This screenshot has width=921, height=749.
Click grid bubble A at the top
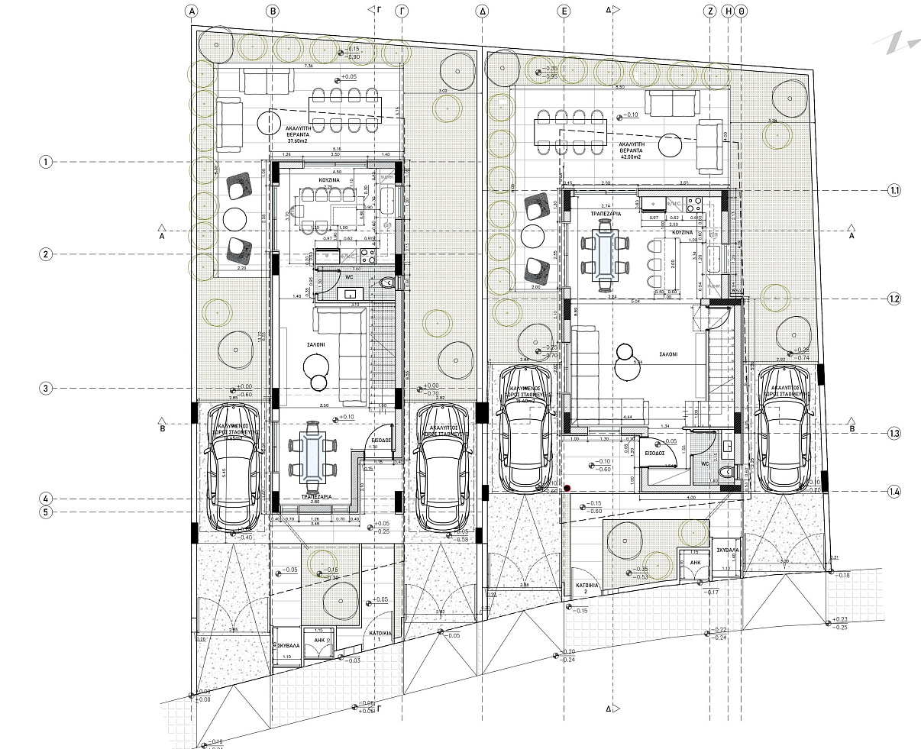192,11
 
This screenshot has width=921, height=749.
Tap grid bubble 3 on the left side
47,388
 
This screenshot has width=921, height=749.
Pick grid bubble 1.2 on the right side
894,299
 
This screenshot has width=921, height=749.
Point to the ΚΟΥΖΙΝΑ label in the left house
330,181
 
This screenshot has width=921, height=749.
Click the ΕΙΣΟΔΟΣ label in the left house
380,441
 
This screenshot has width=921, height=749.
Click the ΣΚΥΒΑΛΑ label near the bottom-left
286,645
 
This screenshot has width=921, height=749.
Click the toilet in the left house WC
387,283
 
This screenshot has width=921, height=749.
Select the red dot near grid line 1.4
567,488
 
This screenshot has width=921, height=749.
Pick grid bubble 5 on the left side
47,512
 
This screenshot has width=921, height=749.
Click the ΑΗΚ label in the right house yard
696,561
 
